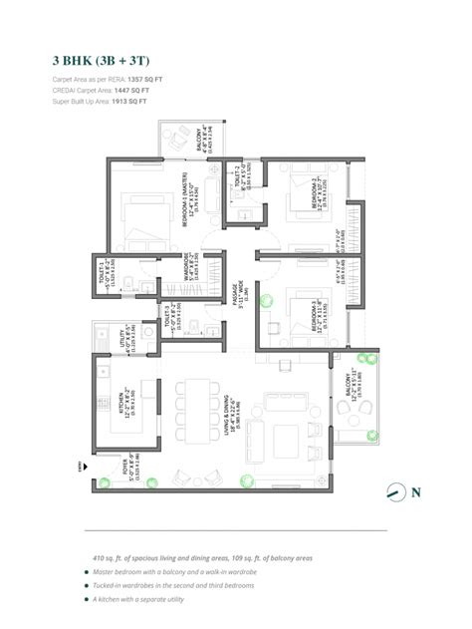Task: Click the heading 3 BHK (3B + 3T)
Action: coord(99,59)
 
